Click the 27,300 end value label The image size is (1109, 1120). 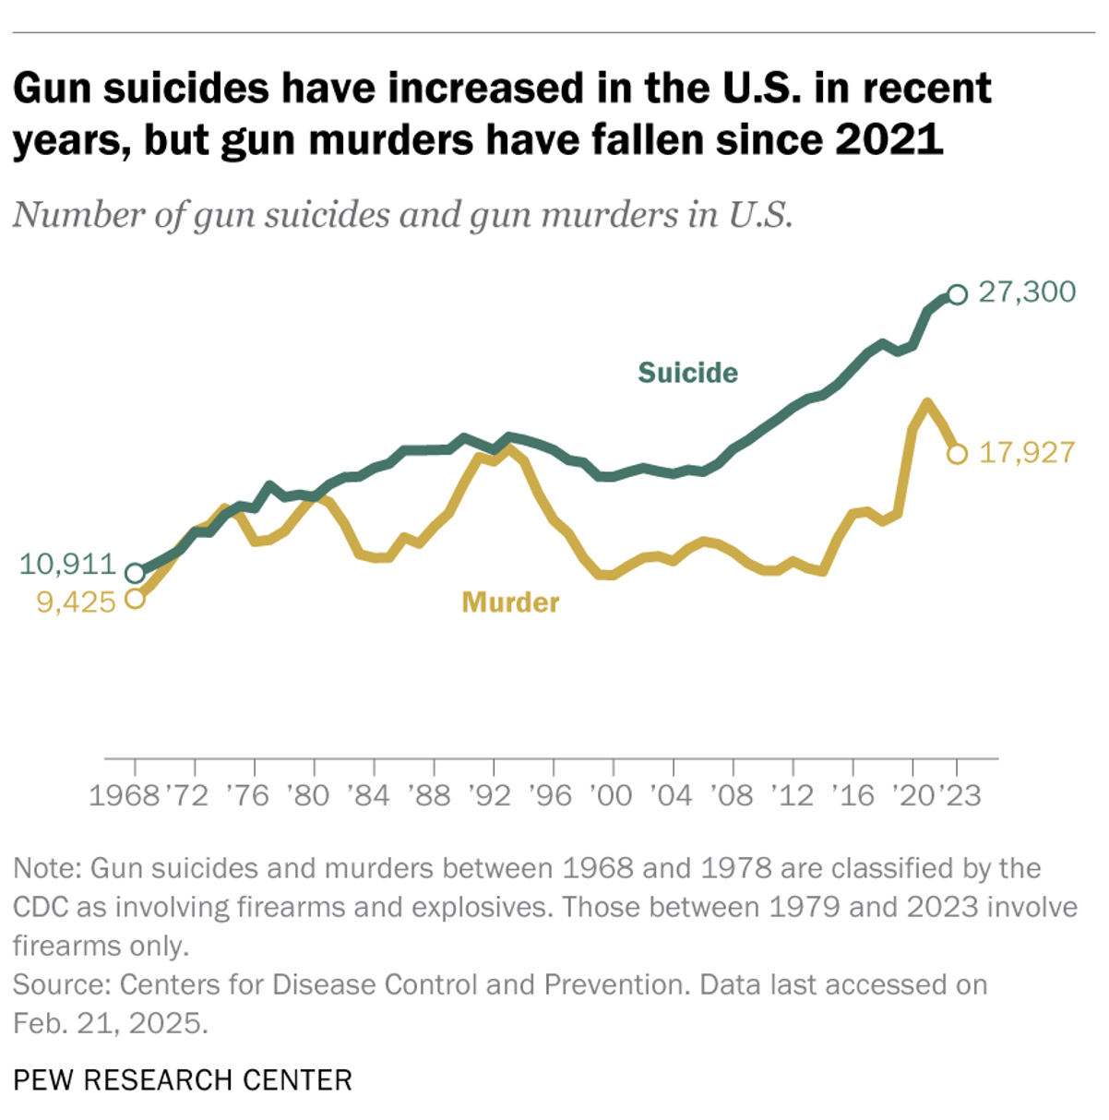click(x=1026, y=292)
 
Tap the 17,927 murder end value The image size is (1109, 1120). click(x=1026, y=453)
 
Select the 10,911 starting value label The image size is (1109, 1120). click(x=67, y=565)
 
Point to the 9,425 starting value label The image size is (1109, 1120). click(x=76, y=602)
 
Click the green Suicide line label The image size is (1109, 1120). click(x=687, y=373)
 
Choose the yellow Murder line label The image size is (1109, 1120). click(x=510, y=602)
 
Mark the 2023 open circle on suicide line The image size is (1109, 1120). click(x=957, y=294)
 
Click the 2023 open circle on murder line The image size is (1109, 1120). click(x=957, y=454)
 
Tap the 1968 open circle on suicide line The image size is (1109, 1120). click(x=135, y=573)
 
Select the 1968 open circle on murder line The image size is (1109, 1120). click(x=135, y=599)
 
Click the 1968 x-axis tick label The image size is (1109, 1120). click(x=125, y=795)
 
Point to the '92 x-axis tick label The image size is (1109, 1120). click(x=490, y=795)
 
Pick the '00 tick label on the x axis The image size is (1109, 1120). click(x=610, y=795)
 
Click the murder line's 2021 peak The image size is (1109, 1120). click(x=927, y=402)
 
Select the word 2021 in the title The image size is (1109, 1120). click(x=888, y=140)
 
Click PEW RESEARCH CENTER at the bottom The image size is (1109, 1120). click(x=183, y=1080)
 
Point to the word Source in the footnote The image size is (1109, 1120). click(x=60, y=985)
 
